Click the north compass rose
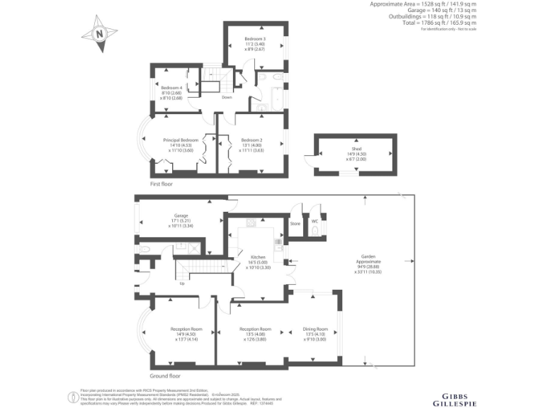pos(99,35)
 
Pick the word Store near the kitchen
pos(295,223)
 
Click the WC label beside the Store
pos(314,220)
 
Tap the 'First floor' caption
pos(161,184)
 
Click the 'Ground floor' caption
pos(165,376)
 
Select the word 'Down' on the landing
pos(227,97)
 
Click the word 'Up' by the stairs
pos(182,284)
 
